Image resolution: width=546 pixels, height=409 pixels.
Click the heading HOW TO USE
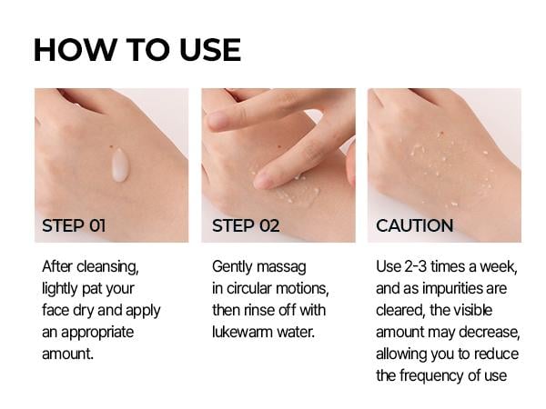136,49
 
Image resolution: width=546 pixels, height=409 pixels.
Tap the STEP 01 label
74,225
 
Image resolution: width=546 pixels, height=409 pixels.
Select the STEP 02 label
246,225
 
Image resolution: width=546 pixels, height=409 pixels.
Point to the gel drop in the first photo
119,165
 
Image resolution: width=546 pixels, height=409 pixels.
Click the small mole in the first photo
110,147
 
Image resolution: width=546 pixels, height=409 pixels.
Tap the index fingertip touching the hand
263,181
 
